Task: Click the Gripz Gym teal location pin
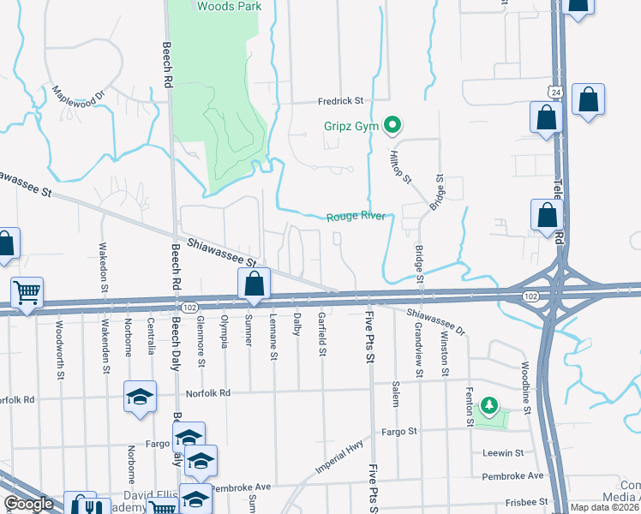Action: coord(393,126)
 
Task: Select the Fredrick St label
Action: coord(341,100)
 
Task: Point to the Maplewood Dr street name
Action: coord(78,92)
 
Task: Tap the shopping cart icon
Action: coord(27,293)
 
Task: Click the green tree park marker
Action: coord(488,404)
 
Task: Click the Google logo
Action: coord(28,504)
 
